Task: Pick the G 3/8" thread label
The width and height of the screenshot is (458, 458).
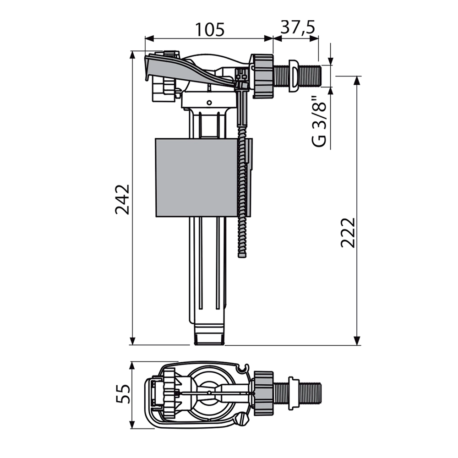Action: click(321, 121)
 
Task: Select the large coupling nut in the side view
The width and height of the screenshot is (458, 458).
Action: click(262, 76)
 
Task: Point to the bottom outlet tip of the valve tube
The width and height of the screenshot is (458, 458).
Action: click(209, 338)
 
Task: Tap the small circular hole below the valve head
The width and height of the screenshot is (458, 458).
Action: click(209, 102)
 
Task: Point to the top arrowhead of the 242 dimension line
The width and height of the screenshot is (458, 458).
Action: click(132, 55)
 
